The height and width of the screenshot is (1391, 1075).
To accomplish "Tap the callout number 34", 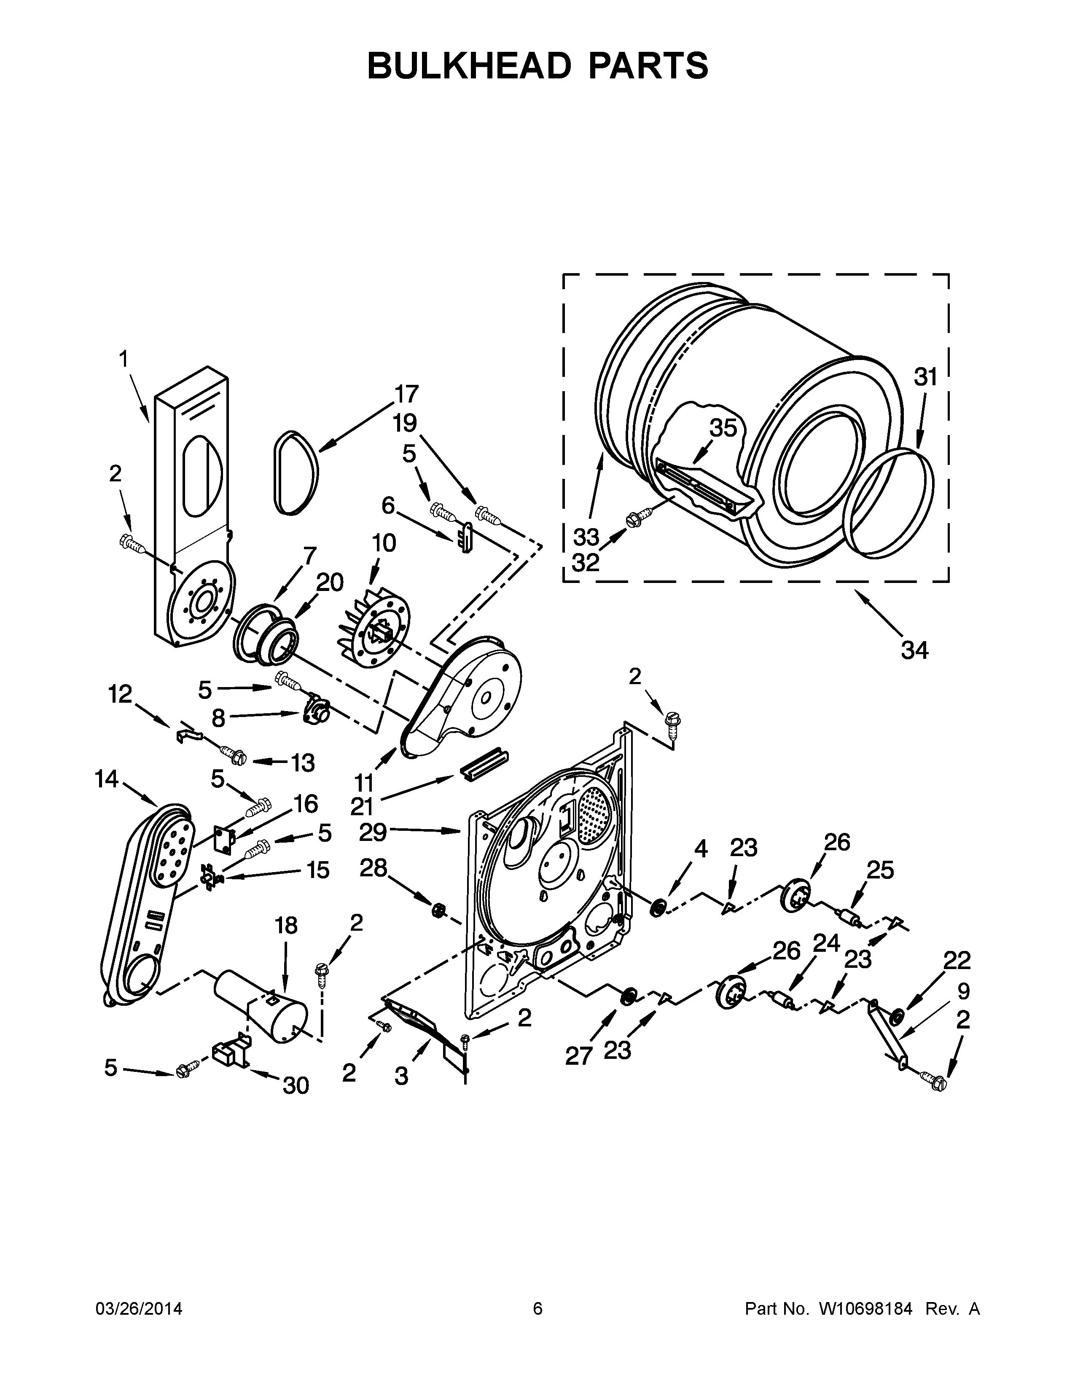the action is point(914,650).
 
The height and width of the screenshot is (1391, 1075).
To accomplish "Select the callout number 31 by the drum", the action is point(925,377).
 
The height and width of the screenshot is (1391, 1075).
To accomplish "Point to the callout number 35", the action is point(723,428).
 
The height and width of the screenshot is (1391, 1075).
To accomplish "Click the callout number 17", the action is point(406,394).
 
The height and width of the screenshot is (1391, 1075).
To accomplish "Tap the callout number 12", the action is point(120,693).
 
